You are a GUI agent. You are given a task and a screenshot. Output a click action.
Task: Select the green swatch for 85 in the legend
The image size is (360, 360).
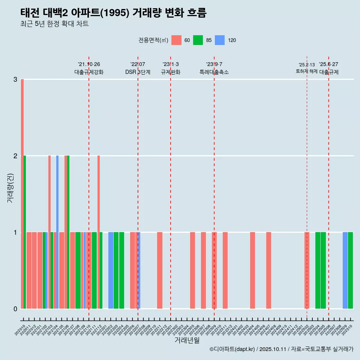point(198,40)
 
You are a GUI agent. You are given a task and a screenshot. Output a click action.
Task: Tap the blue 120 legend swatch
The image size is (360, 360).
point(219,40)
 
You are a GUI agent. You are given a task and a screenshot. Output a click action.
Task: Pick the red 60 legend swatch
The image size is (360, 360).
point(176,40)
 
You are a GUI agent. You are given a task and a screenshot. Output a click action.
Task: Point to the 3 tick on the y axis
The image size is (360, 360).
point(15,79)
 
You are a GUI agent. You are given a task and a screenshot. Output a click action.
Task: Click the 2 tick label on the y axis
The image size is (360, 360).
point(15,156)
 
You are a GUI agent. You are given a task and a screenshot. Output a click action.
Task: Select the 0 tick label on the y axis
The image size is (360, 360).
point(15,309)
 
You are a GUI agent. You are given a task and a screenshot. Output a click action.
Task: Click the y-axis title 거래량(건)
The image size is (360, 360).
point(10,187)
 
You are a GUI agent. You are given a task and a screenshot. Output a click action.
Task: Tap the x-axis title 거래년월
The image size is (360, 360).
point(187,340)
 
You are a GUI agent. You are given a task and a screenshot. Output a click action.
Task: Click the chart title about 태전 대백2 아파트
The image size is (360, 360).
point(113,13)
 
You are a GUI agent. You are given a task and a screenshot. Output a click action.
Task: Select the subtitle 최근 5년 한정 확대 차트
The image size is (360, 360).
point(54,24)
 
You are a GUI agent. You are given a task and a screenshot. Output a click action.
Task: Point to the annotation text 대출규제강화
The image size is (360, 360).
point(89,72)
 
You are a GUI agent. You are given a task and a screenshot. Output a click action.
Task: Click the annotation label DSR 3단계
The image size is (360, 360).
point(138,72)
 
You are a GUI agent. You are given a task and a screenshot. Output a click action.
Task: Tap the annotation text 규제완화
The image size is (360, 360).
point(171,72)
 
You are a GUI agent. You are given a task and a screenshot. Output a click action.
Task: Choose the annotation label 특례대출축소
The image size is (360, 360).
point(214,72)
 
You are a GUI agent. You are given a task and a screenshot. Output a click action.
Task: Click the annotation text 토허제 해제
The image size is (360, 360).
point(306,71)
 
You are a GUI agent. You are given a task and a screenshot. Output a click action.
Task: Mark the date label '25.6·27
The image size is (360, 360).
point(328,64)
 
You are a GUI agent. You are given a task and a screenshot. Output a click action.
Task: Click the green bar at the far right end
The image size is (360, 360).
point(350,270)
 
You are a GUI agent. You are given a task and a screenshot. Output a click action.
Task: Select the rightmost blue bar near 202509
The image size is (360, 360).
point(345,270)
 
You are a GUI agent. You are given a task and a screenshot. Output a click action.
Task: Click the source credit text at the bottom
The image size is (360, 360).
point(281,349)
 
